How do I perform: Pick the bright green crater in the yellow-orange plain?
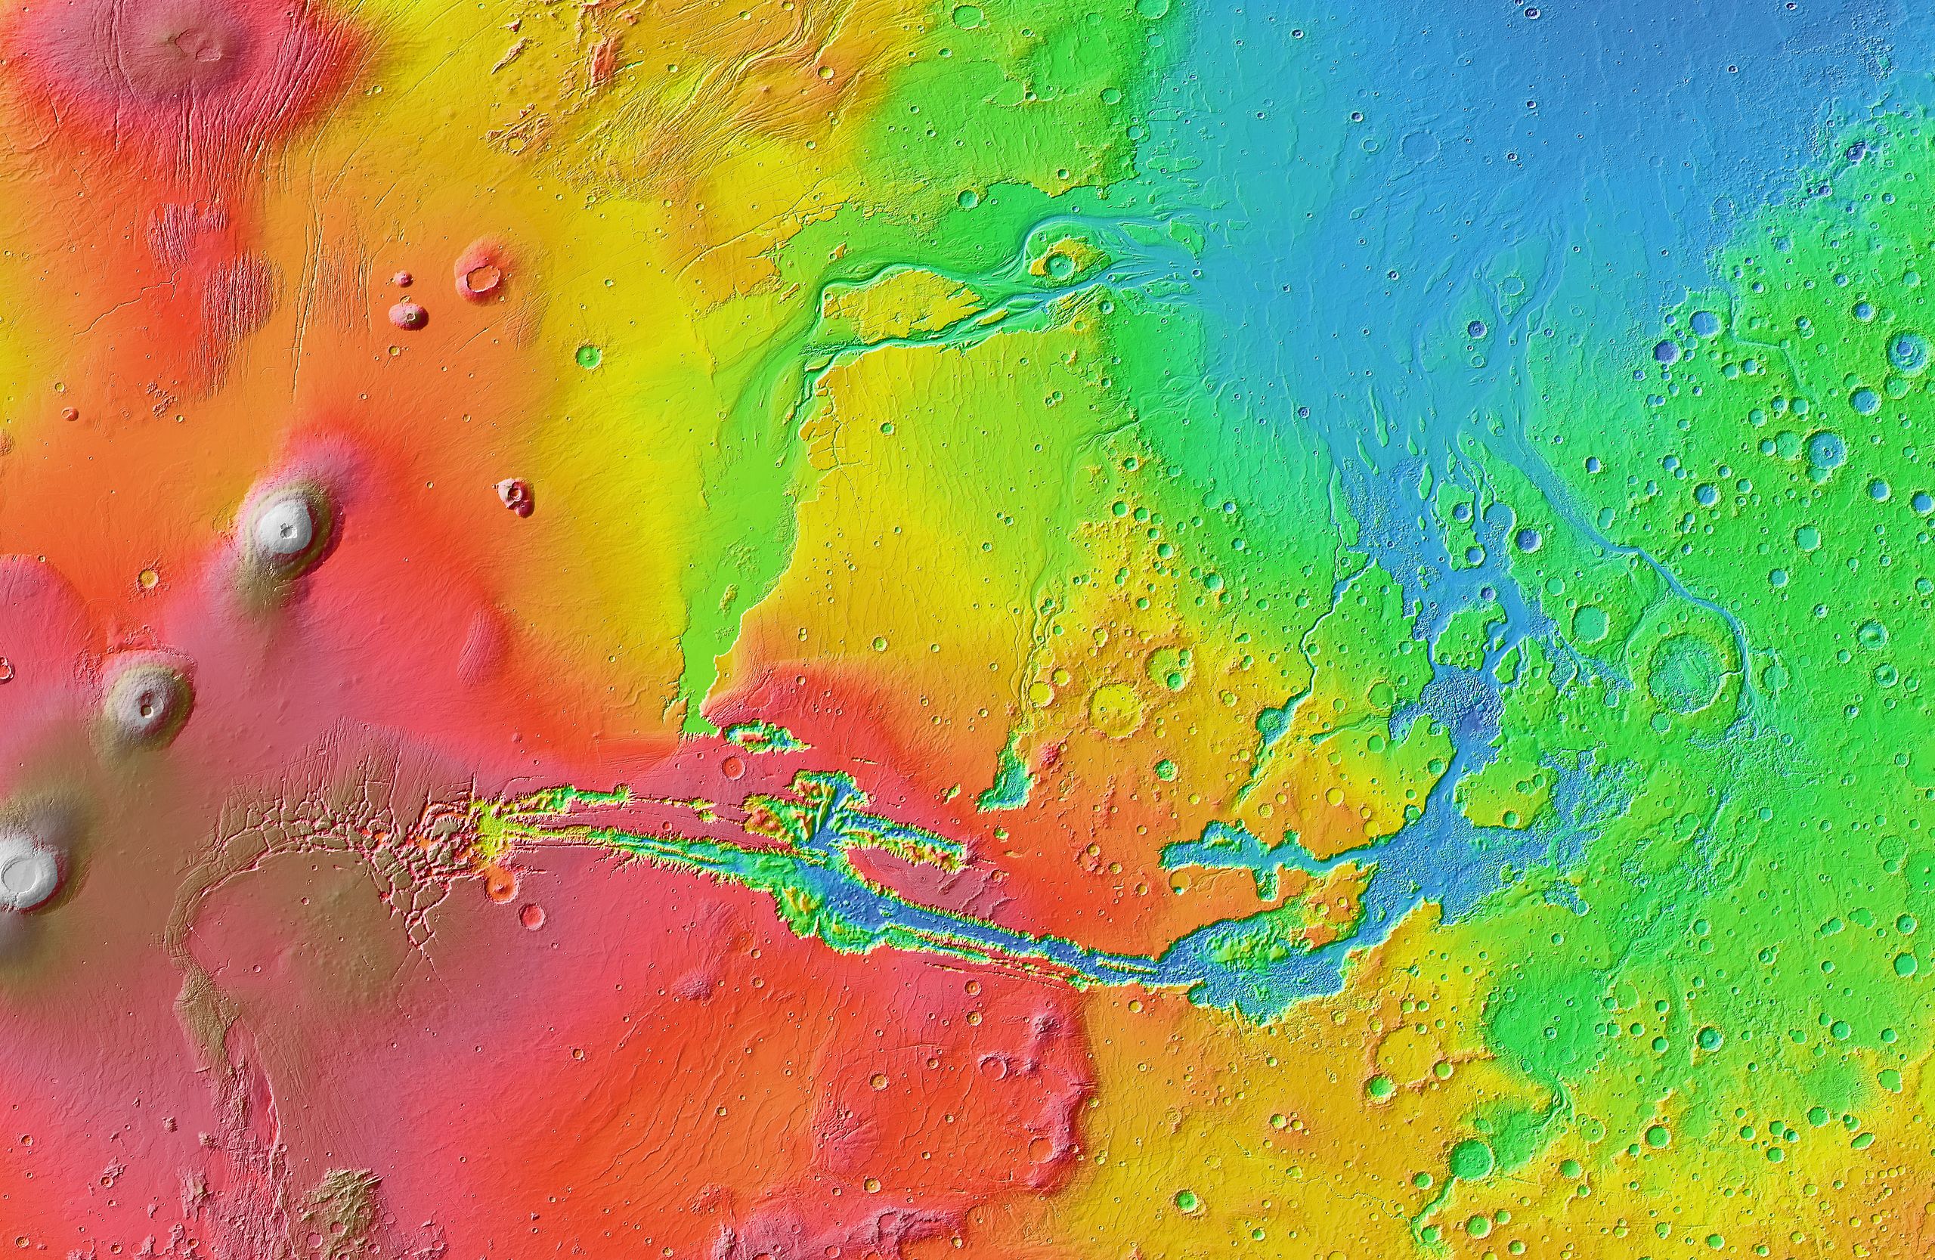pyautogui.click(x=588, y=355)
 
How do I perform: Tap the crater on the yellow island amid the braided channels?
pyautogui.click(x=1057, y=263)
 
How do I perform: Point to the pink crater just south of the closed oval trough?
pyautogui.click(x=732, y=767)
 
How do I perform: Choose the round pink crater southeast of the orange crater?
pyautogui.click(x=533, y=916)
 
